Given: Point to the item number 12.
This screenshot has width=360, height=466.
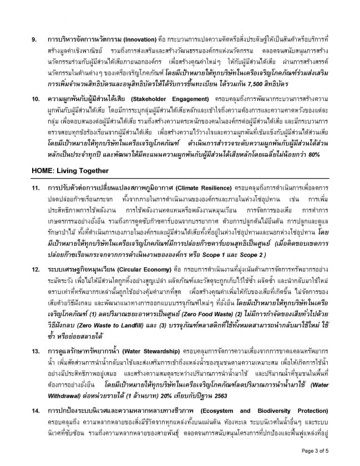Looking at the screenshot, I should click(x=35, y=285).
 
